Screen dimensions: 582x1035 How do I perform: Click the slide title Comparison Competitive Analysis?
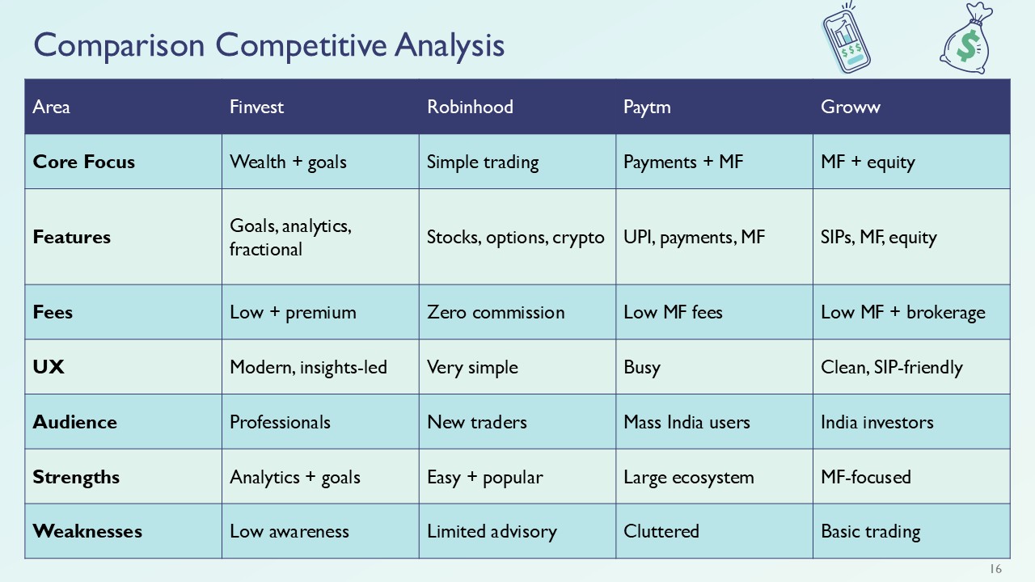point(269,44)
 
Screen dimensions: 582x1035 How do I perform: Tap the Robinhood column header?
point(470,107)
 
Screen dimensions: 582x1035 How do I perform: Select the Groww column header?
point(850,107)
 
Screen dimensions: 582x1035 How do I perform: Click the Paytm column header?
point(647,107)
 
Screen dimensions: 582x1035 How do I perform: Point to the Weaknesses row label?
point(76,531)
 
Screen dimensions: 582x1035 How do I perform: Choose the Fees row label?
point(53,312)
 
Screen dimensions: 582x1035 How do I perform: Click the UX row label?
point(49,367)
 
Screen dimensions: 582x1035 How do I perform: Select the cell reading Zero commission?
point(496,312)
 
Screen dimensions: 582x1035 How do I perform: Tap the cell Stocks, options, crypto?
point(515,237)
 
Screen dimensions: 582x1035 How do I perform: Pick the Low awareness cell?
point(289,531)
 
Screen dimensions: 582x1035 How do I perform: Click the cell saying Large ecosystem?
point(688,477)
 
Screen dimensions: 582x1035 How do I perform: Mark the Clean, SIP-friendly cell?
point(891,367)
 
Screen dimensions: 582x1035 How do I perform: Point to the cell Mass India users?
point(686,422)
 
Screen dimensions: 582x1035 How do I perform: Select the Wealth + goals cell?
point(288,162)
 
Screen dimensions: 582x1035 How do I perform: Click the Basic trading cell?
point(870,531)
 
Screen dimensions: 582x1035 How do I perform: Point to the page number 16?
point(995,569)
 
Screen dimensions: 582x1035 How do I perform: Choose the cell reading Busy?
point(642,367)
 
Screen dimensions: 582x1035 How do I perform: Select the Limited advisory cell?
point(492,531)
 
